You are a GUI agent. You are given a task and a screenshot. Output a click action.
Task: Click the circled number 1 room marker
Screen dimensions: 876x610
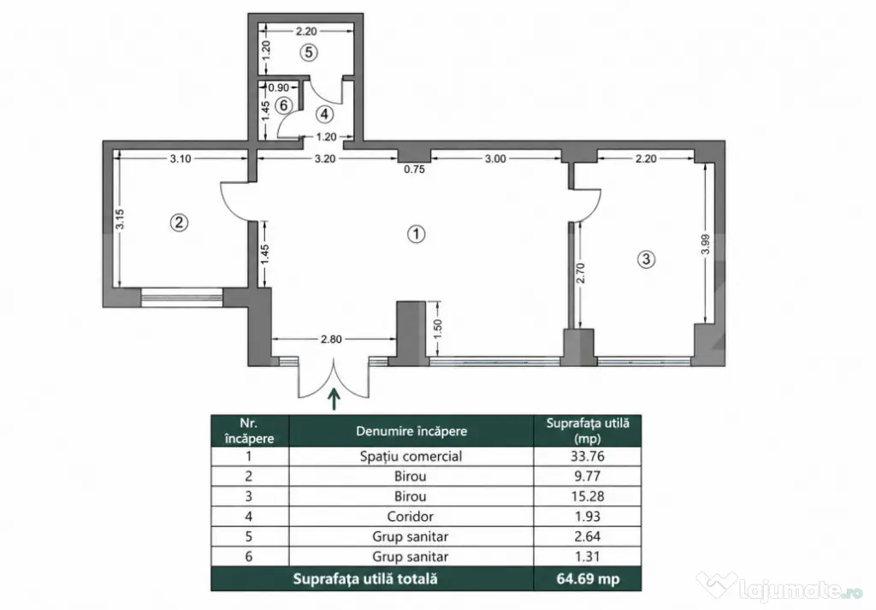point(417,234)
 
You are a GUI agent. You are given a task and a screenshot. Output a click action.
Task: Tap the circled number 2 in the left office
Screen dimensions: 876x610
point(179,223)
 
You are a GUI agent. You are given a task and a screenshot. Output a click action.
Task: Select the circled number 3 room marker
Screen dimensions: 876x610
point(647,259)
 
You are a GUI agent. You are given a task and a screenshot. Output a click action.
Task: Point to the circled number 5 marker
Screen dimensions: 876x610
point(308,52)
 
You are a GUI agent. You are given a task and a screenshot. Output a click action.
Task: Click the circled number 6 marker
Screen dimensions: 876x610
point(284,105)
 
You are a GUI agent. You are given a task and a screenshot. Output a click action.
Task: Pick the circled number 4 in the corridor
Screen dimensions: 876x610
point(324,115)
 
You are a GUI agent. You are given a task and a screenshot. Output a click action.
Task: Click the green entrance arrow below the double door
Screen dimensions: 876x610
point(334,399)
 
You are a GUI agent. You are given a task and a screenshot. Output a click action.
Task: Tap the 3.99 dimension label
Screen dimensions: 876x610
point(705,244)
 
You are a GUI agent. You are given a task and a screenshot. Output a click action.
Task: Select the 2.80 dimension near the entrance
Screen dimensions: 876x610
point(331,339)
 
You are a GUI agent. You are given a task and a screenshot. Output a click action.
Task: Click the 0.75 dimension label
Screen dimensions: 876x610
point(415,169)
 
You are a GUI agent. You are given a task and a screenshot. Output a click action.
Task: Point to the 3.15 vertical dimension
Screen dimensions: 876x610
point(120,219)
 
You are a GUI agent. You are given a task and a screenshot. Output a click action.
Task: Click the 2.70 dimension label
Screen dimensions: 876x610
point(580,273)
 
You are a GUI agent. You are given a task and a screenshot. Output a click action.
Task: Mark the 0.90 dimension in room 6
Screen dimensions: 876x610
point(279,88)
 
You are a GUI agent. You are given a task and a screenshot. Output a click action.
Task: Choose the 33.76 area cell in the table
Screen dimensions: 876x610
point(587,456)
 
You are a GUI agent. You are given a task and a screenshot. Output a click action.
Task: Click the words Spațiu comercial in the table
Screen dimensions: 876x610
point(411,456)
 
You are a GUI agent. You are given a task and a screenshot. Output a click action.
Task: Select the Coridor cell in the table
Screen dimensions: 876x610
point(411,516)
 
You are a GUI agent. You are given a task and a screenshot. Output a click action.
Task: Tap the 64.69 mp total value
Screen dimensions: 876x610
point(588,578)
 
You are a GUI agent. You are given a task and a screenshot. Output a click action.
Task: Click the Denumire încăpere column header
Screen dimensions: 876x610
point(411,430)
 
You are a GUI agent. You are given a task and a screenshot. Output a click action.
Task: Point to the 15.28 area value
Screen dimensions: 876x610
point(587,496)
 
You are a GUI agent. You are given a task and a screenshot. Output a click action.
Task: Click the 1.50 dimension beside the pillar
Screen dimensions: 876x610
point(437,328)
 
